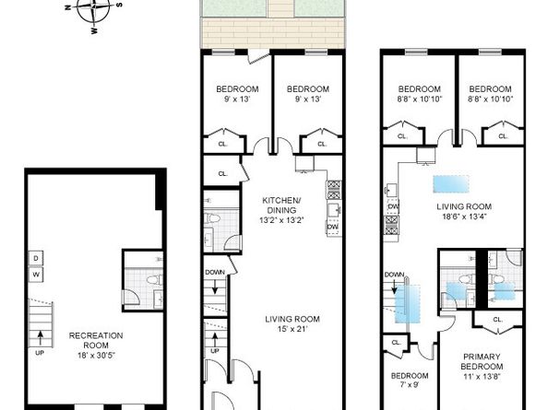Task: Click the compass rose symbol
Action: coord(93,10)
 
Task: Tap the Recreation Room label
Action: coord(96,340)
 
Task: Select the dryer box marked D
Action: coord(36,259)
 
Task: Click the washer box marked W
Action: coord(36,275)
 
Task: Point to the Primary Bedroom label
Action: coord(482,361)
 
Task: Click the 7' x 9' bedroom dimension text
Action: coord(410,385)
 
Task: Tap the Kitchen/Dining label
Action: coord(281,205)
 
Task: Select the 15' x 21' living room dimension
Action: coord(292,329)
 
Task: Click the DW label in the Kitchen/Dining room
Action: coord(333,227)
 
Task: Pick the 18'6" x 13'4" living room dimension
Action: coord(464,217)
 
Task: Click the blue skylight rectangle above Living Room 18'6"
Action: coord(451,184)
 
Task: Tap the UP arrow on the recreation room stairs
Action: coord(41,338)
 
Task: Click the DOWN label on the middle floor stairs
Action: coord(215,272)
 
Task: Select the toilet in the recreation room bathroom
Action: coord(154,280)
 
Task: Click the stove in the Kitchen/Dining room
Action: coord(334,190)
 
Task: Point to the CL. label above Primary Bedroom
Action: coord(497,320)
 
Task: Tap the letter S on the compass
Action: coord(119,5)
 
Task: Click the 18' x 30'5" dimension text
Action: coord(96,356)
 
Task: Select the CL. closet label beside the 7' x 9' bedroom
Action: coord(396,343)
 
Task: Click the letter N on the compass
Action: coord(68,7)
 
